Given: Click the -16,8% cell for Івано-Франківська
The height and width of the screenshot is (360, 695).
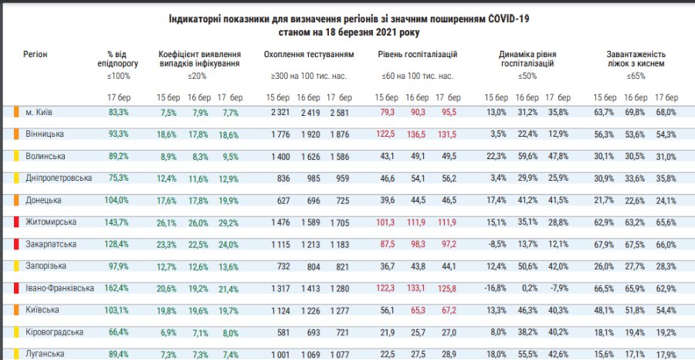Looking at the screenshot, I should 495,288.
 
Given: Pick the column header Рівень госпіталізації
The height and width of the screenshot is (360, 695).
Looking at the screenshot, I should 418,55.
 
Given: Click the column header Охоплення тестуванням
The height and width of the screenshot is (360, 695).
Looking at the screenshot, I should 309,55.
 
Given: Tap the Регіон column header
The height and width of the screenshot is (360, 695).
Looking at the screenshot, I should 36,55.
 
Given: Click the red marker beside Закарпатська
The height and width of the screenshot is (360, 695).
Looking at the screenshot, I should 16,244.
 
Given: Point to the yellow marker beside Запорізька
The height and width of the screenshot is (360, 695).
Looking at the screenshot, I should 16,267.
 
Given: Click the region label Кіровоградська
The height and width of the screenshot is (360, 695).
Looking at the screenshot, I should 54,332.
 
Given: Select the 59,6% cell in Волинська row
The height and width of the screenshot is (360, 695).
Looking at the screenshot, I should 527,156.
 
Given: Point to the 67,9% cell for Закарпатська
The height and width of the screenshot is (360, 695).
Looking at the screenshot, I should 605,244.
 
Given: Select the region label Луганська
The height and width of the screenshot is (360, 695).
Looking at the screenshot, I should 43,354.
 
